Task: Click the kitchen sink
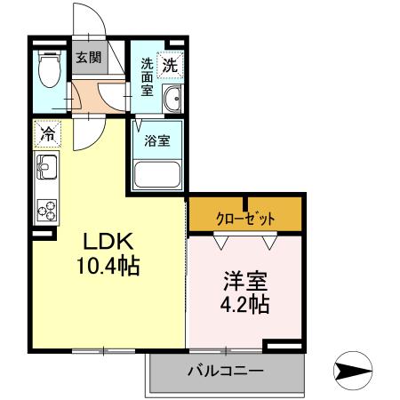pyautogui.click(x=46, y=166)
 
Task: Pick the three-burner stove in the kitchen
pyautogui.click(x=46, y=211)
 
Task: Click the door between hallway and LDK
pyautogui.click(x=86, y=133)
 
